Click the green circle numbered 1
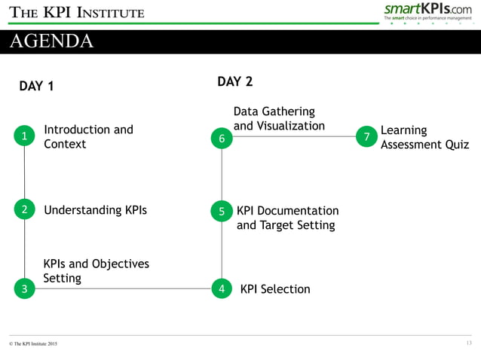coord(25,136)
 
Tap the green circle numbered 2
coord(25,210)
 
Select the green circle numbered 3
coord(25,288)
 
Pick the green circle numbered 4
coord(221,288)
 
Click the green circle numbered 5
coord(221,212)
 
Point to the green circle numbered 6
coord(221,138)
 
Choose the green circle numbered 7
coord(366,136)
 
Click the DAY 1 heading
coord(36,86)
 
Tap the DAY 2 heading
coord(235,81)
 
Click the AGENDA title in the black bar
coord(51,41)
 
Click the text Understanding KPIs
coord(95,210)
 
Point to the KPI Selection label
coord(274,289)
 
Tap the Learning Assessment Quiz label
coord(424,137)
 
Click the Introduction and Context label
coord(88,136)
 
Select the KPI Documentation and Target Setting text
coord(287,218)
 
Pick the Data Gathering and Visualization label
coord(278,119)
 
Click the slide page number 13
coord(468,343)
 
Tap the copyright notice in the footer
coord(32,344)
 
